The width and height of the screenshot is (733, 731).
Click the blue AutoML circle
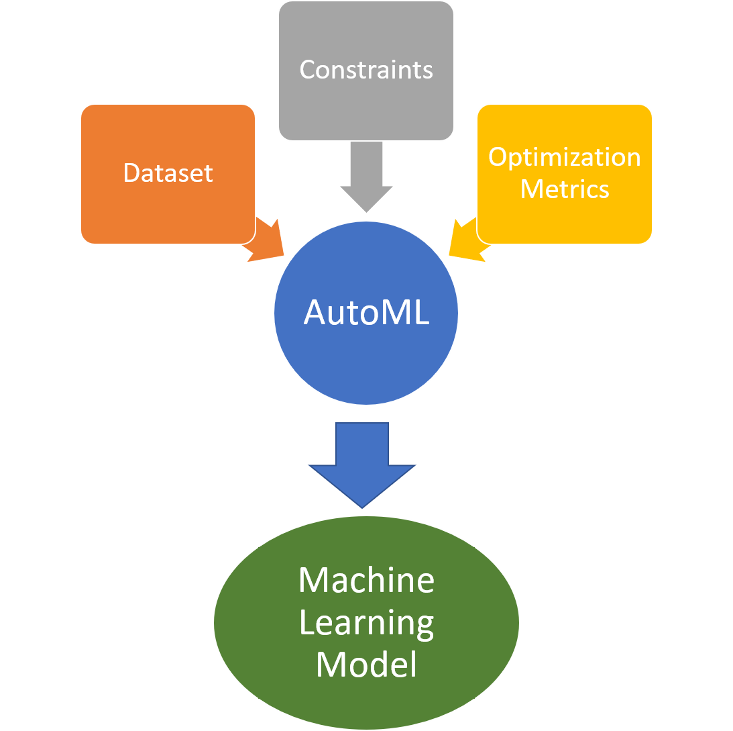(x=366, y=356)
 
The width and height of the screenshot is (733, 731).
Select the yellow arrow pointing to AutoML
(x=465, y=242)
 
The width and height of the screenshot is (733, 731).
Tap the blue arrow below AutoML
(x=362, y=463)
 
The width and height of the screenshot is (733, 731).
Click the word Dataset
(x=168, y=173)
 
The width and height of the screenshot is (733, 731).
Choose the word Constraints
(x=366, y=70)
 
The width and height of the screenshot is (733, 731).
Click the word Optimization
(x=564, y=157)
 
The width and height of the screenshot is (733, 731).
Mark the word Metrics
(x=564, y=189)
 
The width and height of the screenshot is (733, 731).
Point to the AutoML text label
(x=366, y=312)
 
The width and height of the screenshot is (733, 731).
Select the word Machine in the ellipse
(x=366, y=581)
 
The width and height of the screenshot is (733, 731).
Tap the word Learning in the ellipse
(x=366, y=623)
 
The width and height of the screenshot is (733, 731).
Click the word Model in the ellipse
(x=366, y=665)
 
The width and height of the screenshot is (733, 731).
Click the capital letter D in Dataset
(x=131, y=173)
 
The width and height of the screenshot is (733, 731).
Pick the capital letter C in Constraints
(x=307, y=70)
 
